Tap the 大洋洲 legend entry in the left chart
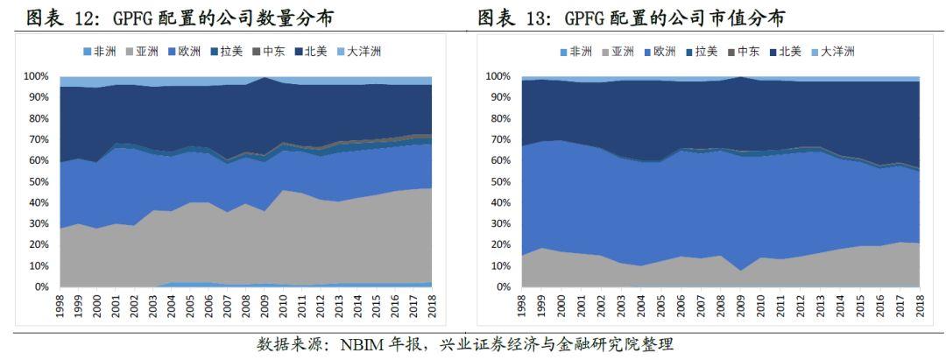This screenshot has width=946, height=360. coord(358,52)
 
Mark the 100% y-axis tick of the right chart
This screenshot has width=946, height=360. coord(497,77)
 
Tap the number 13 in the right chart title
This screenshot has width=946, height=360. coord(540,18)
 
